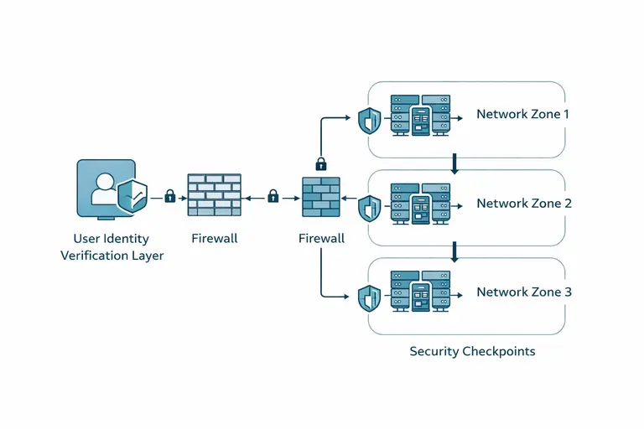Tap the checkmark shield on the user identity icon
pos(132,196)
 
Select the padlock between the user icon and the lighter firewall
pos(170,196)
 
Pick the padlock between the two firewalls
pos(273,196)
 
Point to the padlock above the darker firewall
pos(320,163)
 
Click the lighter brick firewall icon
pos(214,196)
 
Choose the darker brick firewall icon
pos(321,198)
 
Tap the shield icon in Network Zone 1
pos(369,121)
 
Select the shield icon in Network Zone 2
pos(369,208)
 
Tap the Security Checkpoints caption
pos(472,351)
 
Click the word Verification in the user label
pos(93,256)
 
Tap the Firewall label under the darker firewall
pos(321,239)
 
